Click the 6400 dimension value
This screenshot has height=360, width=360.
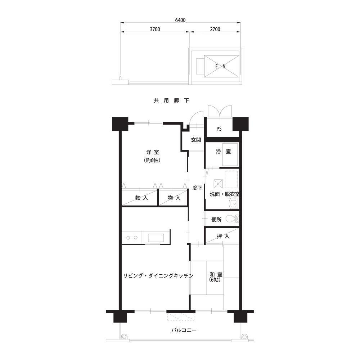180,20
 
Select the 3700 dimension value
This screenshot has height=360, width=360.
155,30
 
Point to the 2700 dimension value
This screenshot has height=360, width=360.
215,30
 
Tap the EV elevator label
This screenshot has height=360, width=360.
220,67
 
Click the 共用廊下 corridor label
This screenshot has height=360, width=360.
171,100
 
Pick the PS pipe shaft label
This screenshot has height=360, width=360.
219,129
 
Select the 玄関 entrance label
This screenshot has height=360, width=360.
196,140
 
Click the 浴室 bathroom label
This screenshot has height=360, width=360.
223,152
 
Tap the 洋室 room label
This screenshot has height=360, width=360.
153,152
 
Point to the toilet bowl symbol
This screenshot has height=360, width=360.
232,219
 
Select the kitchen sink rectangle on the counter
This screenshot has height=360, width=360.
156,238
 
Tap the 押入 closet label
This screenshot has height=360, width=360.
223,236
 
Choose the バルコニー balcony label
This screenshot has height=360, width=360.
184,330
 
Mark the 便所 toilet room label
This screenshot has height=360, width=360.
216,220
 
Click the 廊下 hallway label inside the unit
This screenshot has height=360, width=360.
197,188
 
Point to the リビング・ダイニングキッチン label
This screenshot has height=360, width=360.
158,276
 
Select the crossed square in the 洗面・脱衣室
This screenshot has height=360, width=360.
218,184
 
